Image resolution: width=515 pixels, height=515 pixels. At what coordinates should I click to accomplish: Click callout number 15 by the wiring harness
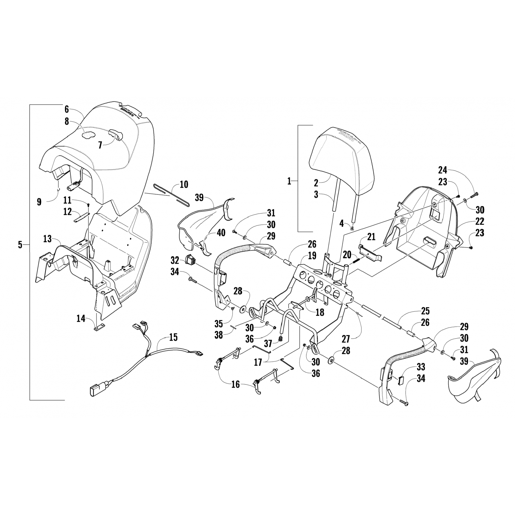(173, 337)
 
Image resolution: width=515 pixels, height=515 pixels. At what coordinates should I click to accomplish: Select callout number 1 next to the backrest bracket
(289, 181)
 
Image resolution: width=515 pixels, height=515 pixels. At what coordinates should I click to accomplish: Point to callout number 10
(184, 184)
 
